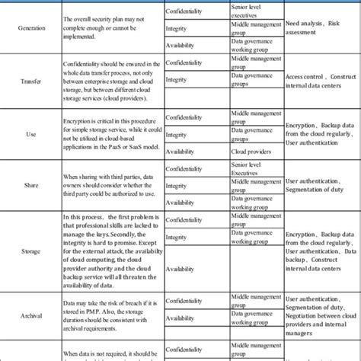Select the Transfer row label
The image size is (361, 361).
(31, 79)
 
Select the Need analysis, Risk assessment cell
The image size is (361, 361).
(313, 27)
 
